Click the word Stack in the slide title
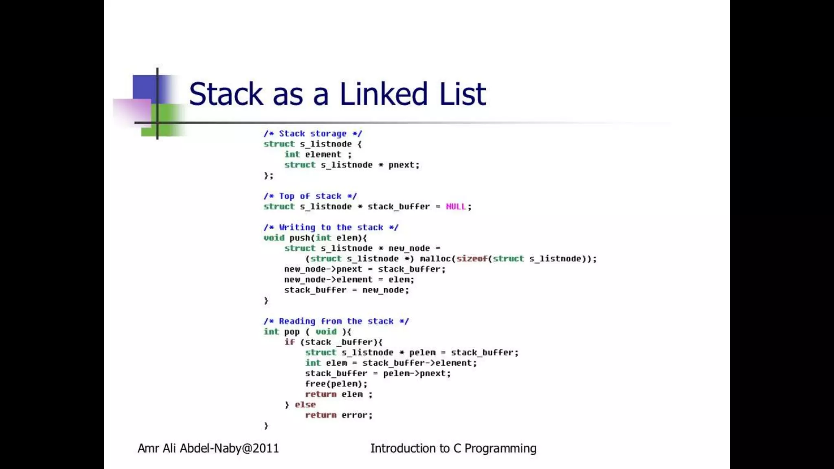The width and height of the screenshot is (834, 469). coord(226,94)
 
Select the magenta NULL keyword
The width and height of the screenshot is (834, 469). coord(456,207)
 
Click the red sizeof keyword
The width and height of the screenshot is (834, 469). coord(472,259)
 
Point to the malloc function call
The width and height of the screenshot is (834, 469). coord(435,259)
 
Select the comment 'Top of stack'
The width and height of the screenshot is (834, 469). coord(310,196)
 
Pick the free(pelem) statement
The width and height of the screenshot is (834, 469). coord(336,384)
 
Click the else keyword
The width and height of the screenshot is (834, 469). coord(305,405)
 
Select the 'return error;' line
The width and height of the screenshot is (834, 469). coord(338,415)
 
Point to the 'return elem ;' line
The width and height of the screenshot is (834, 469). coord(338,394)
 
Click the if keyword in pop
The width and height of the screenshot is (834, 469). coord(289,342)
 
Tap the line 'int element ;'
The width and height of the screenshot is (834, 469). coord(318,155)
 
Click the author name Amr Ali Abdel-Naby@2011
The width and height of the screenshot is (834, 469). coord(208,448)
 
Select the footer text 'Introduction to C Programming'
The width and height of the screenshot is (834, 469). coord(453,448)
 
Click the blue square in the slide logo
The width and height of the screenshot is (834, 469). coord(144,87)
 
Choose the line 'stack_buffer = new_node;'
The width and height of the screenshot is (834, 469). coord(346,290)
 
